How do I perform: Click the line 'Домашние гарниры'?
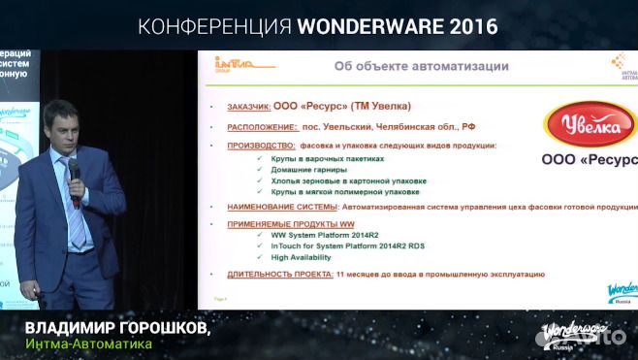[x=298, y=169]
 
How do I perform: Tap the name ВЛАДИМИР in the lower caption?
[x=68, y=328]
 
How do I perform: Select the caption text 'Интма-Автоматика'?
[x=88, y=345]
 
